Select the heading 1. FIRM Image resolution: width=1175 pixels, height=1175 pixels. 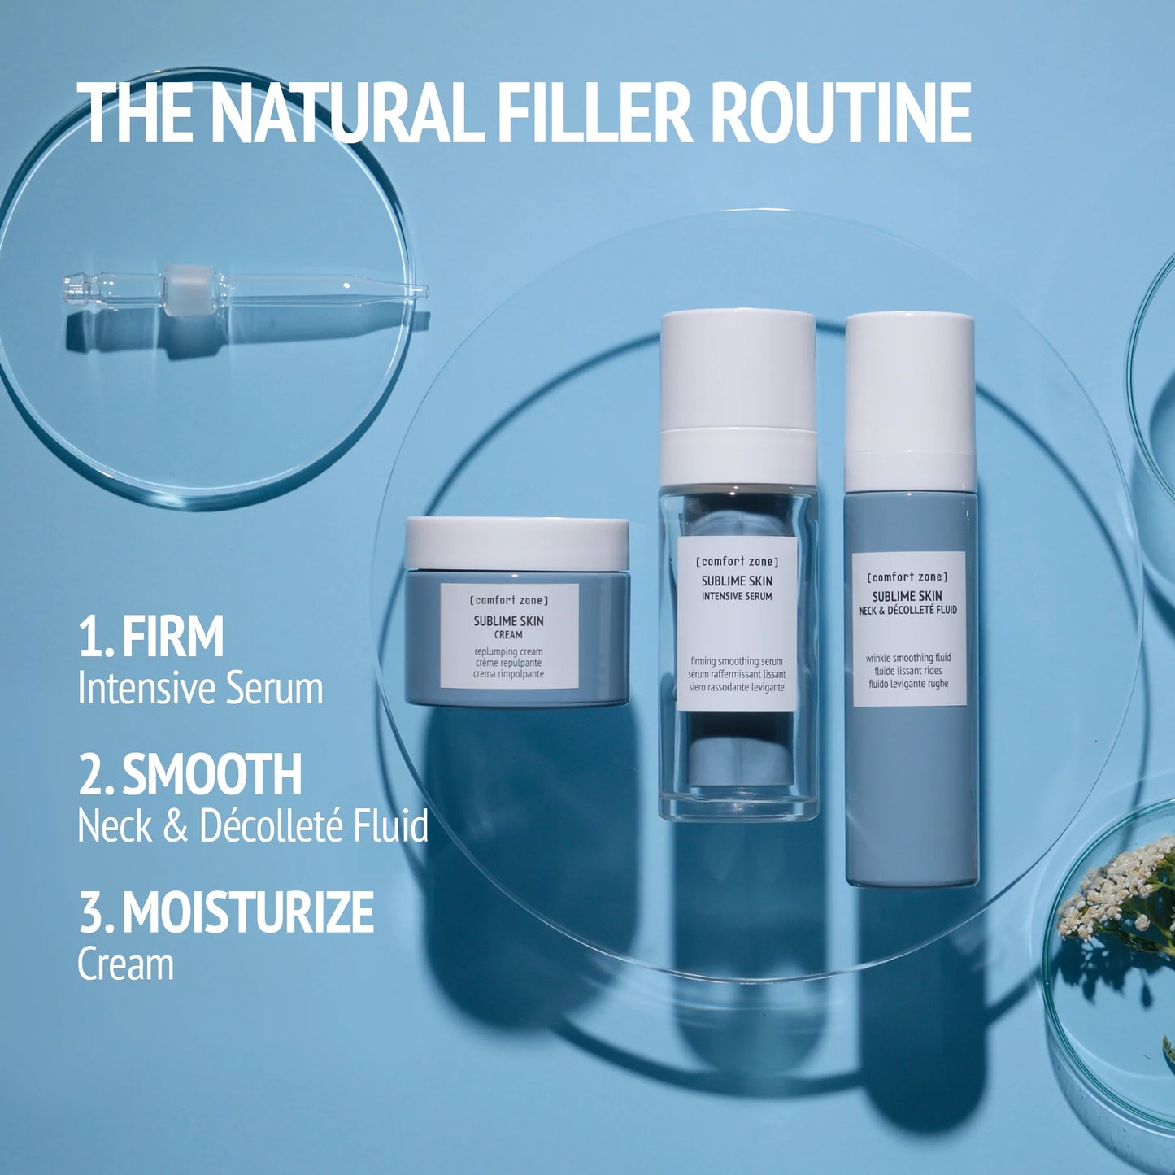[x=151, y=637]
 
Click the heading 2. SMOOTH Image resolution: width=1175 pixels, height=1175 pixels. [x=190, y=774]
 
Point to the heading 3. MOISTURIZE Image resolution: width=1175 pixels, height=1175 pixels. [x=226, y=912]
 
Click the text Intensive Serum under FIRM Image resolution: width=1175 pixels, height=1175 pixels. [x=200, y=689]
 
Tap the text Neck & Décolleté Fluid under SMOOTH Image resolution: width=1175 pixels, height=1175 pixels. [x=253, y=826]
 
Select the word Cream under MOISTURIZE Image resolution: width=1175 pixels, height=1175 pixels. [x=125, y=964]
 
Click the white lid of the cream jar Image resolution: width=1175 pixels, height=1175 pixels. [x=516, y=543]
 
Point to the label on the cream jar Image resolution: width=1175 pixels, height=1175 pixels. [x=509, y=636]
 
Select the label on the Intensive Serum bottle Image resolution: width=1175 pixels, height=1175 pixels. [x=737, y=623]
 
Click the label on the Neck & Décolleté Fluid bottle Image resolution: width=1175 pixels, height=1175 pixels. [x=908, y=628]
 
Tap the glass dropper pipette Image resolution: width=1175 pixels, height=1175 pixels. [x=244, y=288]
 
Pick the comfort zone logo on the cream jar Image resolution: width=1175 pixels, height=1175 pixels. [x=509, y=600]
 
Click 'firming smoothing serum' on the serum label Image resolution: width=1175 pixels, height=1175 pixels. [x=737, y=661]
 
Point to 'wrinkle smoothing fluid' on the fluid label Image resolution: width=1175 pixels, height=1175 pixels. [x=908, y=658]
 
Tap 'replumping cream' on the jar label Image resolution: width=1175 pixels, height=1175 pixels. [x=508, y=651]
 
